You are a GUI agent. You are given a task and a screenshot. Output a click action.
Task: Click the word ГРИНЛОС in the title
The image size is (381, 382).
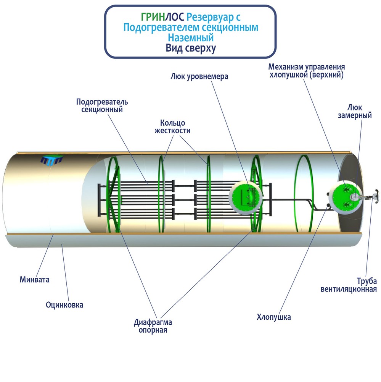coord(162,17)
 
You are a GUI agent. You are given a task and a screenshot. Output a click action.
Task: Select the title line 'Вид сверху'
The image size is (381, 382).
coord(191,48)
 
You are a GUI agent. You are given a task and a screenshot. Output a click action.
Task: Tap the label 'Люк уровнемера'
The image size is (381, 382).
coord(199,76)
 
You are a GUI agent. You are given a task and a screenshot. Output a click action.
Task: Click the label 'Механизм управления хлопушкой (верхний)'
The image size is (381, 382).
coord(307,70)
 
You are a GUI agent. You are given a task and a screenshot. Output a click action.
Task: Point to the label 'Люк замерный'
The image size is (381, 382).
coord(355,111)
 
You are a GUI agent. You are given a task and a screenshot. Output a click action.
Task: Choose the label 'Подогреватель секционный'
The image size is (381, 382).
coord(102,105)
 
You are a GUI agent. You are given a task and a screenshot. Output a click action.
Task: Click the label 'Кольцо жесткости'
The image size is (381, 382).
coord(172,126)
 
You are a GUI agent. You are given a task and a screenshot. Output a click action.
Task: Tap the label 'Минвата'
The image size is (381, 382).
coord(35,280)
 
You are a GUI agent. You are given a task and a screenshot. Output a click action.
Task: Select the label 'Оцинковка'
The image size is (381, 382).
coord(64,305)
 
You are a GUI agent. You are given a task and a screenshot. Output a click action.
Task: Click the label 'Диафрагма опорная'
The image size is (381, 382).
coord(153,326)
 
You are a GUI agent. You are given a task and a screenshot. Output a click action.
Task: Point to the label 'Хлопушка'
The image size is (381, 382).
coord(274,317)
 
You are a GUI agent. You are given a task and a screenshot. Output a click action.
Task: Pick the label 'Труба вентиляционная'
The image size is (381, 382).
coord(349,285)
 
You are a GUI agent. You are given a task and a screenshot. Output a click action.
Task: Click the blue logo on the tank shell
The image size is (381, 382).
coord(51,160)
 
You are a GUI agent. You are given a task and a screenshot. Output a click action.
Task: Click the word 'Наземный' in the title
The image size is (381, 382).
coord(191,37)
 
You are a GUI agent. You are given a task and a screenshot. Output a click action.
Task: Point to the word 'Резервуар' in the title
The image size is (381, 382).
coord(209,17)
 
